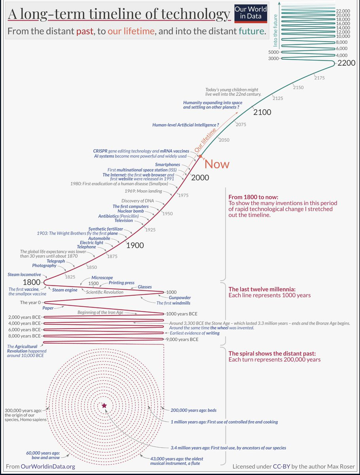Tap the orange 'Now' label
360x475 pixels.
pos(217,164)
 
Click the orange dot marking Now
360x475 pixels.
pos(201,157)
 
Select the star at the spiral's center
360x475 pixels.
pos(104,405)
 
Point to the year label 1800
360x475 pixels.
pos(32,283)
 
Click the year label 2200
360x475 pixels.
pos(347,63)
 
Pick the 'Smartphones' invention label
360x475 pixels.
pos(167,164)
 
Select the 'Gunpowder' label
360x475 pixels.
pos(180,297)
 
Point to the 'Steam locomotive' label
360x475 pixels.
pos(24,274)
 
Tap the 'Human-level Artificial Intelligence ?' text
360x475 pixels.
pos(186,125)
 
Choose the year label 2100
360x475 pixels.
pos(262,112)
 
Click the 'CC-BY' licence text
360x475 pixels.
pos(282,467)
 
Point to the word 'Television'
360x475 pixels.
pos(124,220)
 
